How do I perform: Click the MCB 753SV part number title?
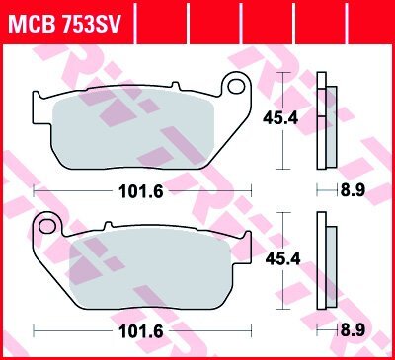[65, 23]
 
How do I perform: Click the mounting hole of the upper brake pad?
[236, 86]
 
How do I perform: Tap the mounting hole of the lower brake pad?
[47, 226]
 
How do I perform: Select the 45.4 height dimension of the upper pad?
[280, 118]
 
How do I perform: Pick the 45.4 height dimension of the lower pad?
[283, 258]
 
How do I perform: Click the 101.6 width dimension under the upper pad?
[141, 191]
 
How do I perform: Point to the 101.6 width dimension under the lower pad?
[141, 331]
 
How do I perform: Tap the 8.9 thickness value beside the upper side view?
[353, 190]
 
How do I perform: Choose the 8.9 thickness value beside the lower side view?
[353, 330]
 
